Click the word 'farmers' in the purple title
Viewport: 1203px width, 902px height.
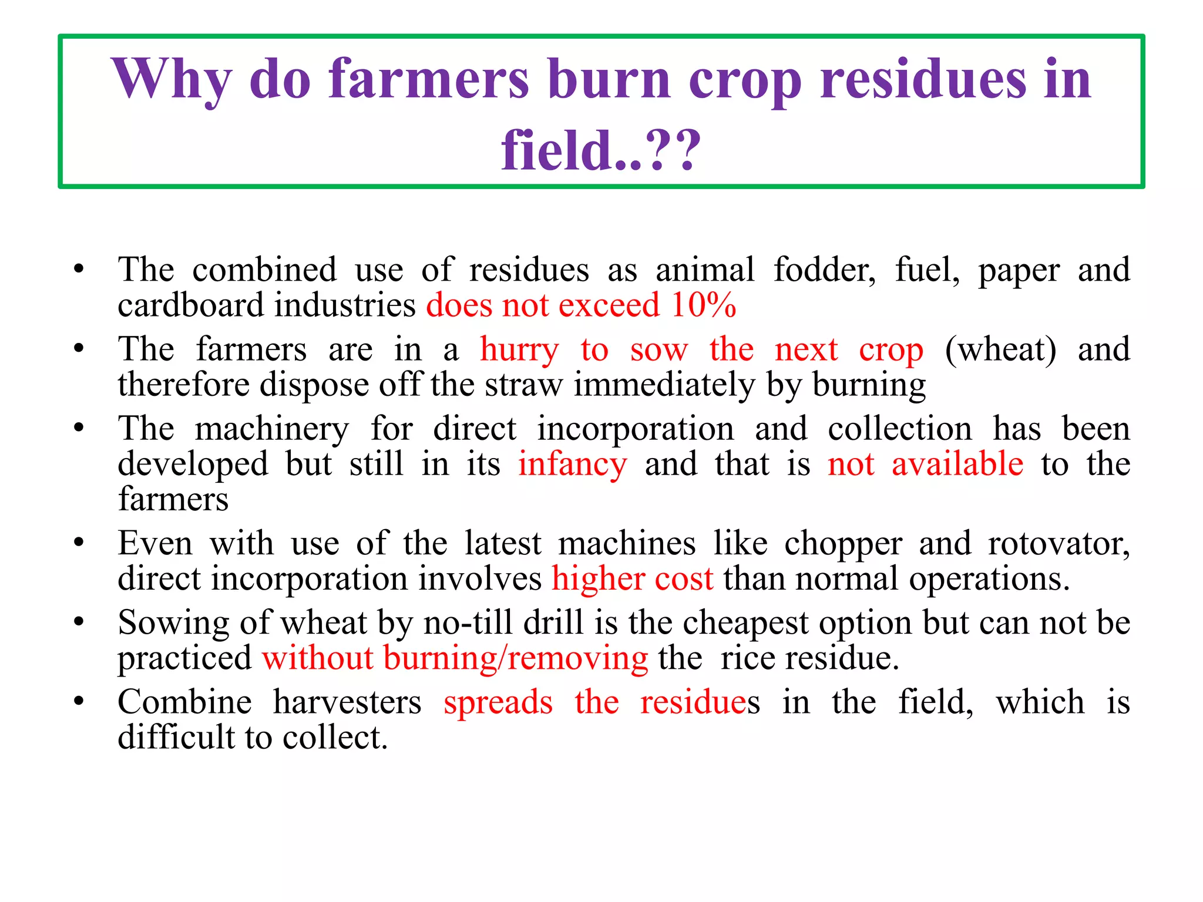coord(429,79)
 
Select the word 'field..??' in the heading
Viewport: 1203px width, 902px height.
coord(601,151)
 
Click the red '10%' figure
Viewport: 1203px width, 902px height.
coord(704,305)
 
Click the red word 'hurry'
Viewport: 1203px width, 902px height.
coord(519,350)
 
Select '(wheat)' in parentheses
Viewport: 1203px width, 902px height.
coord(1000,350)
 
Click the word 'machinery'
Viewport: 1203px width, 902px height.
coord(272,429)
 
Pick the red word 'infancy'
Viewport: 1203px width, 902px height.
coord(572,465)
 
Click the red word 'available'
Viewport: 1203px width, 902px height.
coord(957,465)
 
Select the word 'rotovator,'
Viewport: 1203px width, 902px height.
coord(1058,544)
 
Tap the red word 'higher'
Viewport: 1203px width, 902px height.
coord(597,579)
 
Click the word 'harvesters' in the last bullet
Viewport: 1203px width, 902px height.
coord(347,702)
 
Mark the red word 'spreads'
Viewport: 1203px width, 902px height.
coord(498,702)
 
